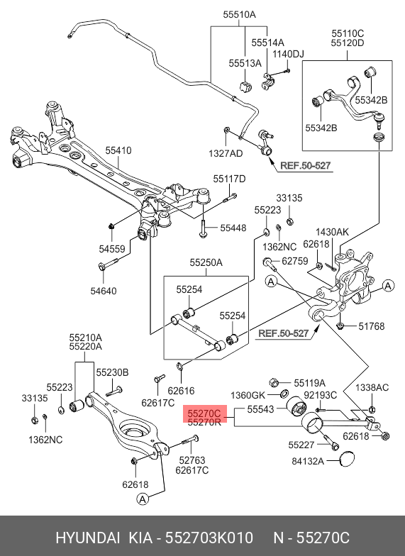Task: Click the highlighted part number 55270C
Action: tap(204, 413)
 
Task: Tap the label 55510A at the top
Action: tap(240, 14)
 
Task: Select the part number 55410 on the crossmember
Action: tap(118, 150)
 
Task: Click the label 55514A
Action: tap(268, 43)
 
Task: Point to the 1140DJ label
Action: tap(288, 54)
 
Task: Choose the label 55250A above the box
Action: tap(206, 262)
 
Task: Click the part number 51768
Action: tap(372, 326)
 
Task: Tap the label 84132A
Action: tap(308, 461)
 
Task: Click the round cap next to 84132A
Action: tap(348, 460)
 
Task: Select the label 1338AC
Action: tap(372, 387)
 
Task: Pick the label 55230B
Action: tap(112, 373)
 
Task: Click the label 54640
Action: tap(104, 291)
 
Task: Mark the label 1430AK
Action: tap(332, 233)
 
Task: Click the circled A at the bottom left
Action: tap(142, 499)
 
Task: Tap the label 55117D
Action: tap(229, 179)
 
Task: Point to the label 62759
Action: tap(295, 261)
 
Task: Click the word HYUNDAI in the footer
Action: tap(88, 538)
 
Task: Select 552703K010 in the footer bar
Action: tap(210, 538)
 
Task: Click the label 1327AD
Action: tap(226, 153)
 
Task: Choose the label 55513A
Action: tap(245, 63)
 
